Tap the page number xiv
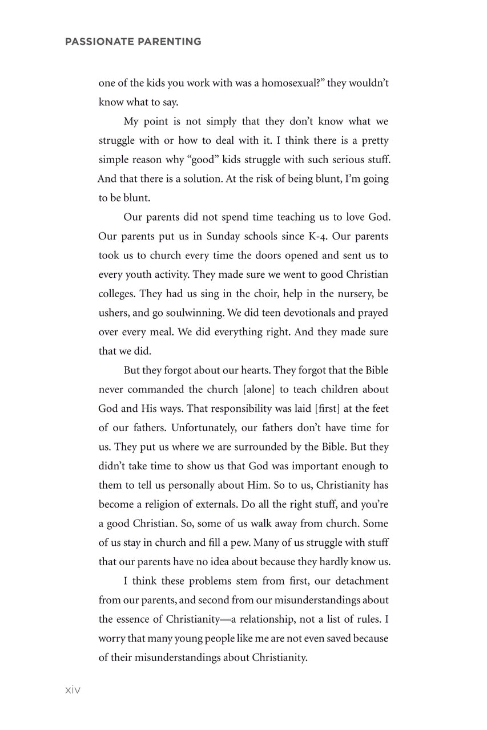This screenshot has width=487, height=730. (x=73, y=690)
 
